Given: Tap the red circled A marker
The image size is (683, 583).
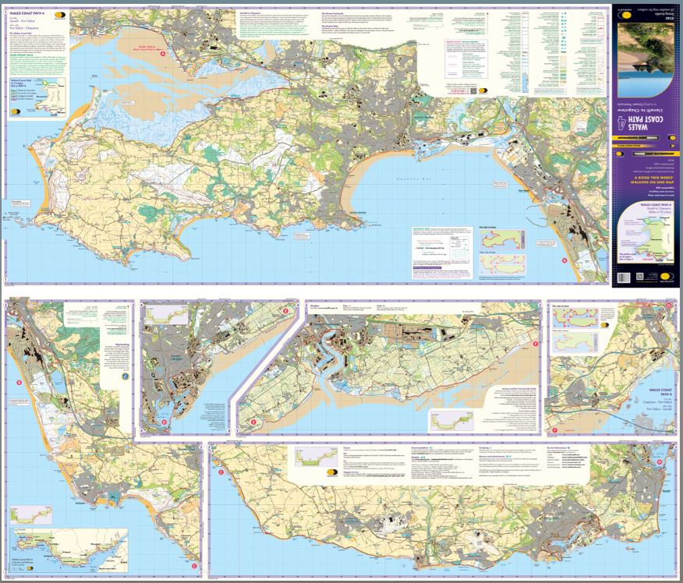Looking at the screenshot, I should coord(163,53).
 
